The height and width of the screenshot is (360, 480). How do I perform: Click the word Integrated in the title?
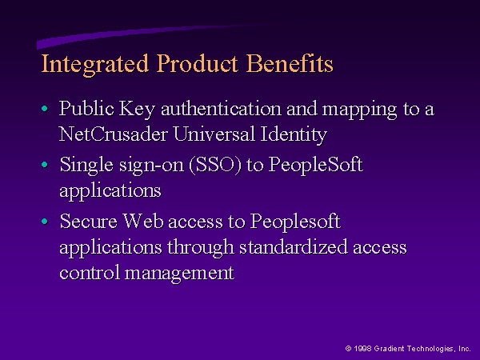95,64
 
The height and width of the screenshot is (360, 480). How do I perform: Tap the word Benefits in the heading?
290,63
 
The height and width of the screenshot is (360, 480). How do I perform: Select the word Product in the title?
197,63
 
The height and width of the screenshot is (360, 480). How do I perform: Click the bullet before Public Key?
45,108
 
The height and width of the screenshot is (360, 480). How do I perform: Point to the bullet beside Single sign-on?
45,165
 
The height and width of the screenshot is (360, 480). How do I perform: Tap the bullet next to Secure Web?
45,221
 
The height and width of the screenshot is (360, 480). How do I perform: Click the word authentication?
221,109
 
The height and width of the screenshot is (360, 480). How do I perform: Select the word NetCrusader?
114,134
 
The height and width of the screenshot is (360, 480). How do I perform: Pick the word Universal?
214,134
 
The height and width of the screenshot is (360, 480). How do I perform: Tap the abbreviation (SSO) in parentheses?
215,166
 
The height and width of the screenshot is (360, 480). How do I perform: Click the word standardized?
294,246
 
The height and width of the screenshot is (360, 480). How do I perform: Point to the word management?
179,274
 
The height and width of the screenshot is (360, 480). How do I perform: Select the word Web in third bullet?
143,221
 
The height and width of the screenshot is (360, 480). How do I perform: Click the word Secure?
89,221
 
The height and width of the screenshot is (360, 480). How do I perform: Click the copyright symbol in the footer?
348,348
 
